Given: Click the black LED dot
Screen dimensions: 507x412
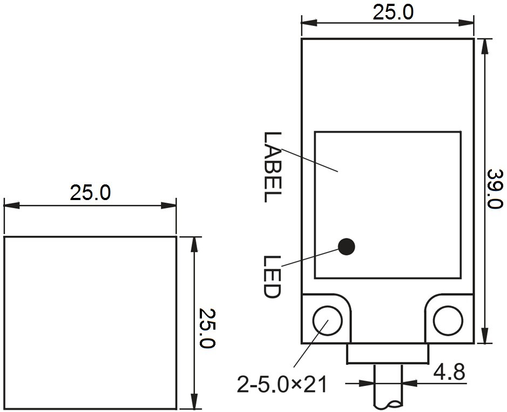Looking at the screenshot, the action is (346, 247).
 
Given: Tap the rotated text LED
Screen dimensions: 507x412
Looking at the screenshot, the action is (271, 277).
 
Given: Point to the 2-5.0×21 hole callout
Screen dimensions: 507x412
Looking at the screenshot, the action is (282, 385).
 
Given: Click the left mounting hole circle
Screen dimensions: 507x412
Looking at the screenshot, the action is (327, 321).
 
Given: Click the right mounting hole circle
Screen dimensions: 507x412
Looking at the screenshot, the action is (448, 321).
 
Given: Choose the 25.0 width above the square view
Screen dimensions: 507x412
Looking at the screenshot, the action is (90, 192).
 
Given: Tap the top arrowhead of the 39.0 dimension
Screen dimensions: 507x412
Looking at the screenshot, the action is (484, 46).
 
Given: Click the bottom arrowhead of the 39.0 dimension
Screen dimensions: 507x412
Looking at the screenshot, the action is (484, 335).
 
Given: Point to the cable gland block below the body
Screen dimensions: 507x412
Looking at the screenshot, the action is (388, 354).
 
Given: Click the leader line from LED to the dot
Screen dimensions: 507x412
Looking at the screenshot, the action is (310, 257).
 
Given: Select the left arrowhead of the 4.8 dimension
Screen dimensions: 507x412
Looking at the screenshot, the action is (366, 383).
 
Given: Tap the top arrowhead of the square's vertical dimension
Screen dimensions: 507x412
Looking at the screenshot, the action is (194, 245).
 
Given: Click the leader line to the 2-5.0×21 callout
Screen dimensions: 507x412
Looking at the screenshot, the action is (311, 344).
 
